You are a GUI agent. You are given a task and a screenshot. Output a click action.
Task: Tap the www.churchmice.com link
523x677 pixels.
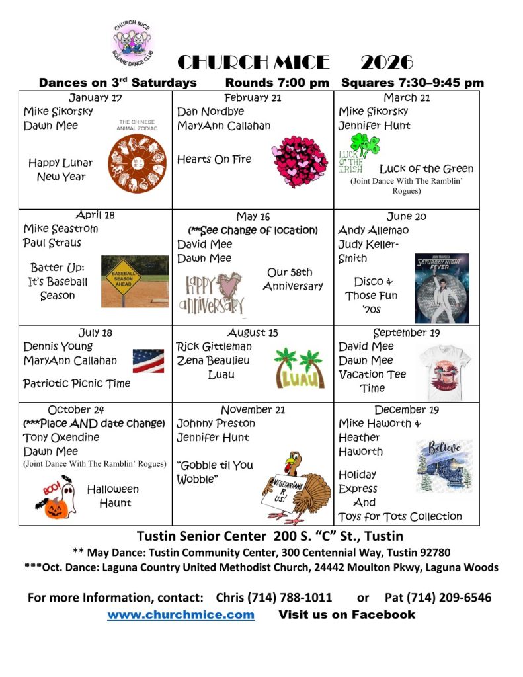[x=181, y=615]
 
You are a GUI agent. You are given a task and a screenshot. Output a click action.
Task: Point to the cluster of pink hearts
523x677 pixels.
[x=300, y=161]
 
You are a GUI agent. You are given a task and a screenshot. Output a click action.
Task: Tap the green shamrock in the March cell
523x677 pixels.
[x=364, y=145]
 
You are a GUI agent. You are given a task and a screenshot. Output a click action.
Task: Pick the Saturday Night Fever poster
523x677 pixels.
[x=441, y=288]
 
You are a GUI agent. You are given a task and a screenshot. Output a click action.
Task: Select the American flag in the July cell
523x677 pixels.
[x=148, y=361]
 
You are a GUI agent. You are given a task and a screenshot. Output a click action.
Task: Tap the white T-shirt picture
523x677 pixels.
[x=445, y=372]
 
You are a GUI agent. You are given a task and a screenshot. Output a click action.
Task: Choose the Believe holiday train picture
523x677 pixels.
[x=444, y=466]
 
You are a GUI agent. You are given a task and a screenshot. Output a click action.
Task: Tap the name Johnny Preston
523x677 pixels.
[x=216, y=424]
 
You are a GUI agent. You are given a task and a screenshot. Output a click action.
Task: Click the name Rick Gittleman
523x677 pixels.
[x=214, y=346]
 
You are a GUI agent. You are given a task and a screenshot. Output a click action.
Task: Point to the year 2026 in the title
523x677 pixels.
[x=387, y=63]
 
